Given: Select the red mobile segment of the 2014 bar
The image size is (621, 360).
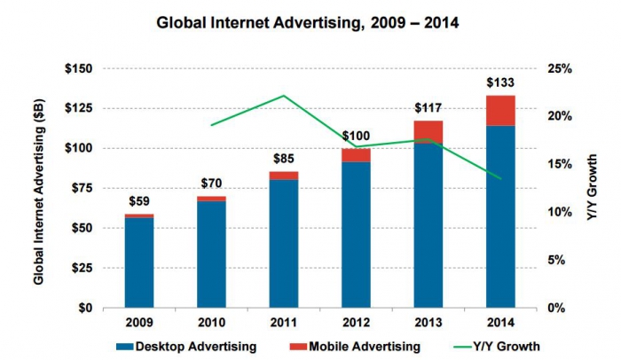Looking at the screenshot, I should [x=501, y=110].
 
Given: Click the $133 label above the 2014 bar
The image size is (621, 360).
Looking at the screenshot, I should [x=501, y=83].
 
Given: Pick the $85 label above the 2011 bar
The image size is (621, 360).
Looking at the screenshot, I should [x=284, y=160].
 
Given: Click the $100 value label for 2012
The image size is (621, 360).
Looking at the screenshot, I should [x=356, y=137].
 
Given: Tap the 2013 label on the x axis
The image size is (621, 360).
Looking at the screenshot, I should [x=428, y=319].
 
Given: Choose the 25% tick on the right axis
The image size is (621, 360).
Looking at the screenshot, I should [x=562, y=68].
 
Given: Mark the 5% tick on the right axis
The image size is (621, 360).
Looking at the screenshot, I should [x=562, y=260].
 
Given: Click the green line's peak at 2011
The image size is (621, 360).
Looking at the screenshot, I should [x=284, y=95].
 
